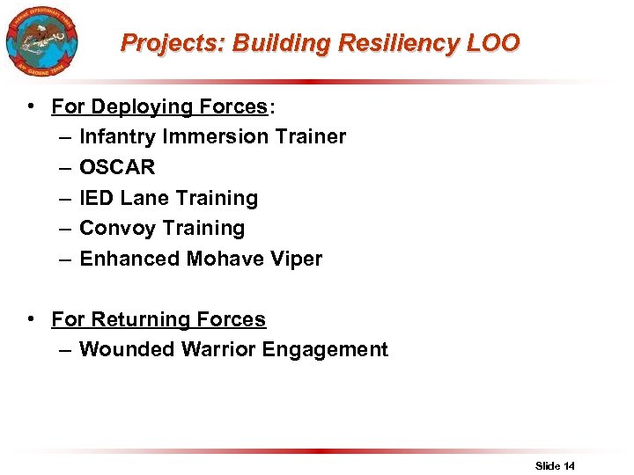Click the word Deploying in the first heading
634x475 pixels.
click(136, 107)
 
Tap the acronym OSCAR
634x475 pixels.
click(117, 168)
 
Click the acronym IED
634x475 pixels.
click(95, 199)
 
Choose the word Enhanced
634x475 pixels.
click(129, 259)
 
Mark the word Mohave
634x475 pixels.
click(225, 259)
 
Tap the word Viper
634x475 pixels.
click(296, 259)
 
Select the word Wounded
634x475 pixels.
click(127, 350)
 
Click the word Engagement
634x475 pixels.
click(328, 350)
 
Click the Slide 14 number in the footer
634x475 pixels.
click(555, 465)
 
